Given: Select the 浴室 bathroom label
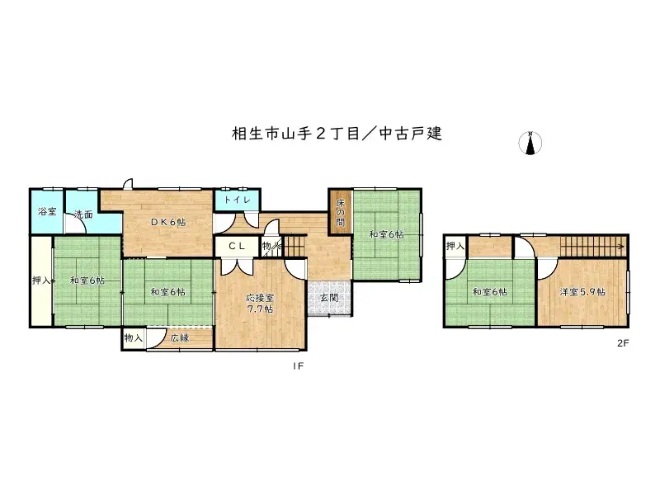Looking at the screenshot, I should [x=47, y=212].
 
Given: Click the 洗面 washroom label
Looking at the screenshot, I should [x=82, y=215].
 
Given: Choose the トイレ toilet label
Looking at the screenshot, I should [x=238, y=200].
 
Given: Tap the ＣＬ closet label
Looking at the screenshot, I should [x=236, y=245].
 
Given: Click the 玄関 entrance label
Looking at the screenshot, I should [x=328, y=298].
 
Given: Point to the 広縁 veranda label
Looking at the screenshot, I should [x=180, y=337].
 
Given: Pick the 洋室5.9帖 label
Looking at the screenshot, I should [x=582, y=291].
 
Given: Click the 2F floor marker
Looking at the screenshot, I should [x=623, y=343].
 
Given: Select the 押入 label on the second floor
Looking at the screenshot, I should [x=455, y=246].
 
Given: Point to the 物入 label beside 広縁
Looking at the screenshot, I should [x=134, y=337].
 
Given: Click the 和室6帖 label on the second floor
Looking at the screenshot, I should [x=490, y=291].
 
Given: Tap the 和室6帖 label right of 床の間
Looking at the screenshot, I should [x=386, y=234].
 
